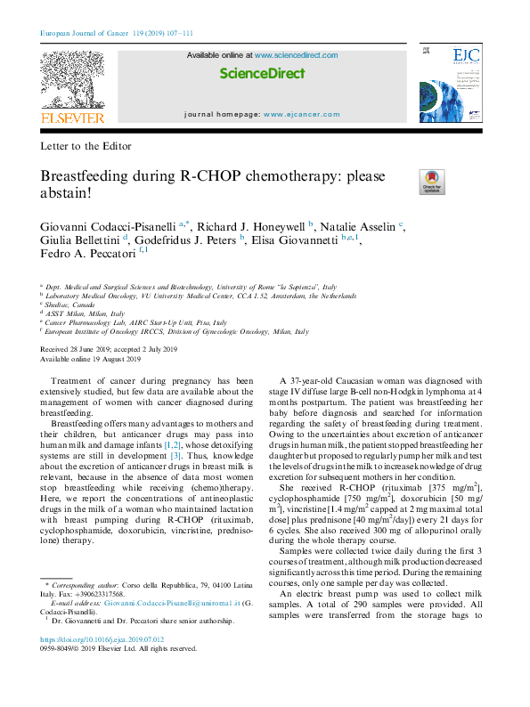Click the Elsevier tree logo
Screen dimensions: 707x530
72,82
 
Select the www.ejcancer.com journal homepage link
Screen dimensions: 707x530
301,115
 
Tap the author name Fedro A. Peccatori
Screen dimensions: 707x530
86,258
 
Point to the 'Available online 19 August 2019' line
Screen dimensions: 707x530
91,359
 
